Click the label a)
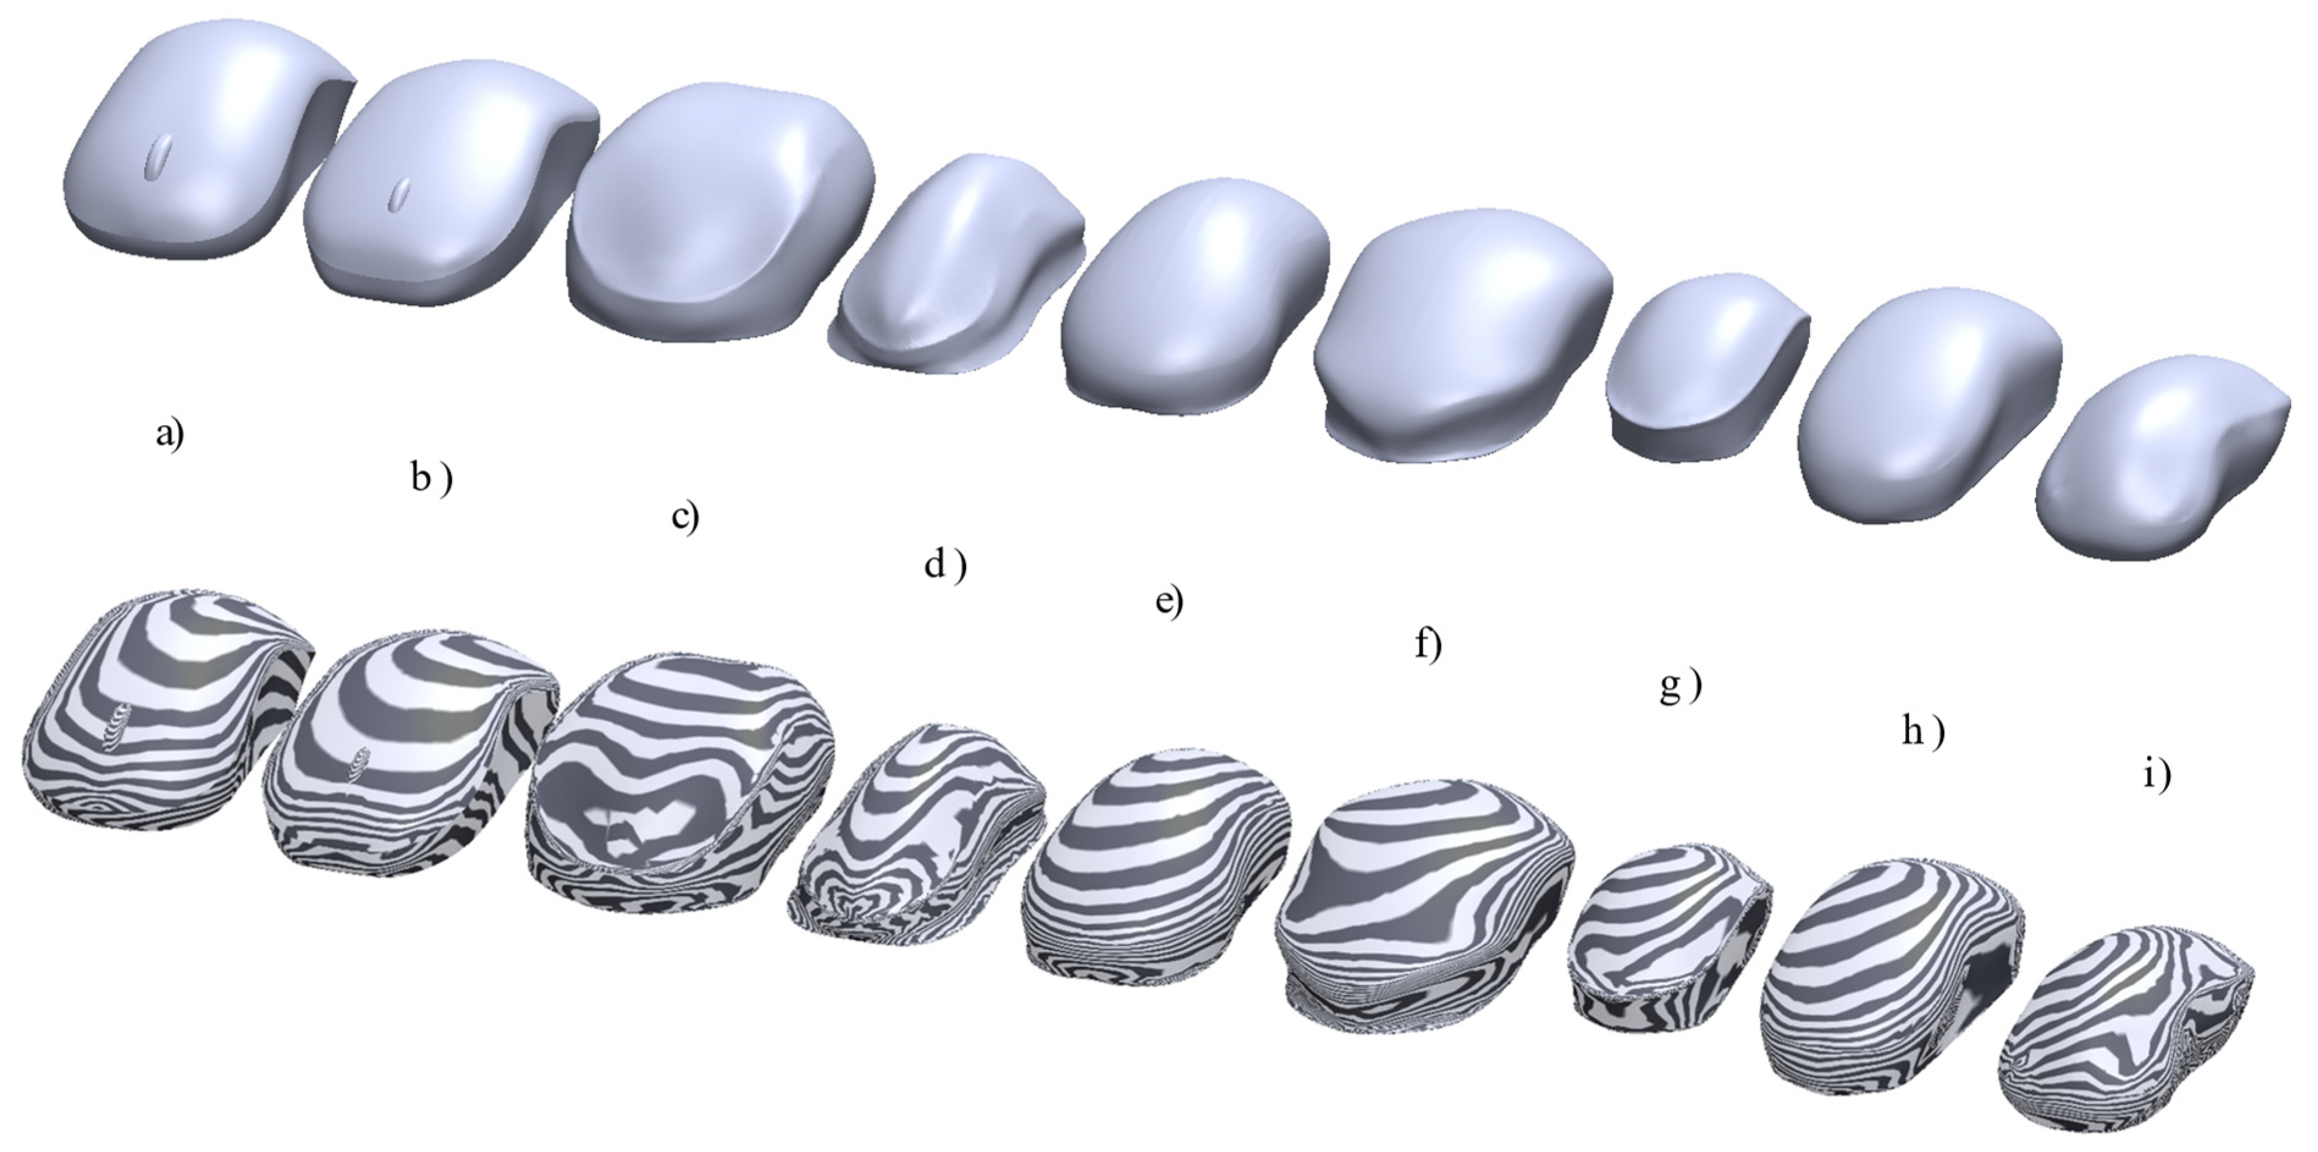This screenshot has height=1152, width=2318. pyautogui.click(x=169, y=436)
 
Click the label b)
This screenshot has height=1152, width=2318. pyautogui.click(x=431, y=479)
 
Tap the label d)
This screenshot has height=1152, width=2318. pyautogui.click(x=944, y=565)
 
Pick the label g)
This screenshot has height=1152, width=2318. pyautogui.click(x=1679, y=687)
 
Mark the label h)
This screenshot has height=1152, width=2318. pyautogui.click(x=1922, y=732)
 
